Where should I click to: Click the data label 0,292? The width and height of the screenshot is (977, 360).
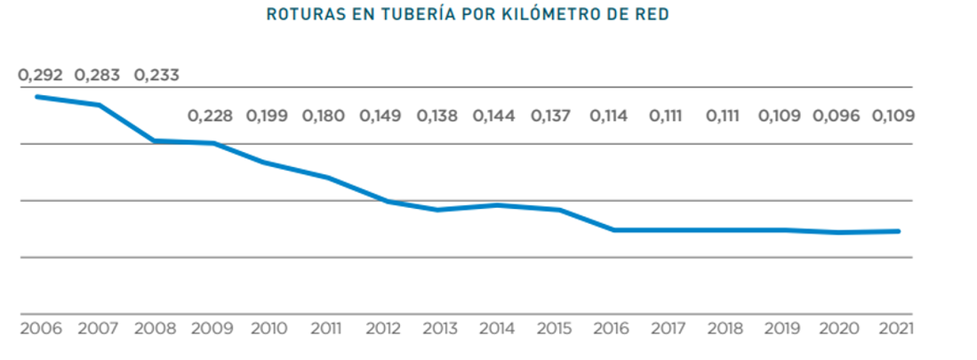coord(41,75)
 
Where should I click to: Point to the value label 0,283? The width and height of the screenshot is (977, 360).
coord(98,75)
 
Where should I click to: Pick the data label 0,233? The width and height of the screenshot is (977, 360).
coord(156,75)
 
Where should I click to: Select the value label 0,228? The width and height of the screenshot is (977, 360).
coord(210,116)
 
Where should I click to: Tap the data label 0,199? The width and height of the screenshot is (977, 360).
coord(267,116)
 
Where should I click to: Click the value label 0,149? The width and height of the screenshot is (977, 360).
coord(380,116)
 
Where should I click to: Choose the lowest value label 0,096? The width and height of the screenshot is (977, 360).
coord(837,116)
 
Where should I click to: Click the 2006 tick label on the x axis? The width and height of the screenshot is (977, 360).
coord(40,328)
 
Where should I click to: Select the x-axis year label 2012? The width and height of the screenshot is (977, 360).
coord(381,328)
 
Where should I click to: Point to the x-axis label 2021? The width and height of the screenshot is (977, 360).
coord(894,328)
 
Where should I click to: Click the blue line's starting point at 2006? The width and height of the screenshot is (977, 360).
coord(38,96)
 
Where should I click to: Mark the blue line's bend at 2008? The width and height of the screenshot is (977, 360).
coord(155,140)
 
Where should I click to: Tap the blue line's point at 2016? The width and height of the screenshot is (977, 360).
coord(613,230)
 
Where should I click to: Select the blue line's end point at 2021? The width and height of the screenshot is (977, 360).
coord(898,231)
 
